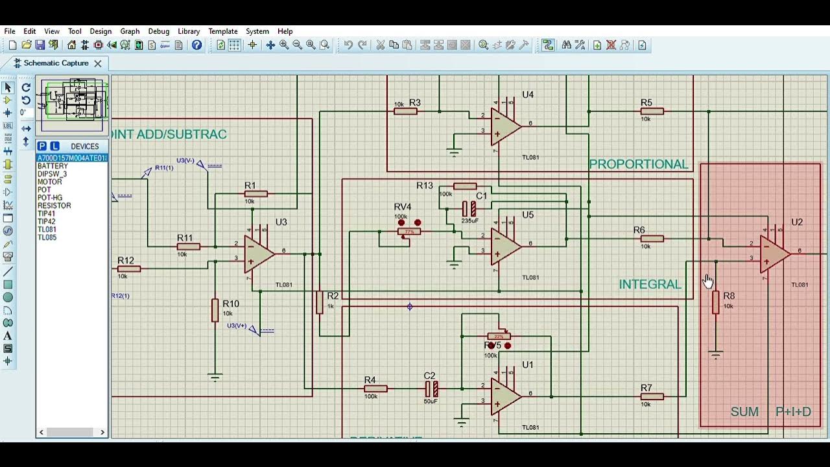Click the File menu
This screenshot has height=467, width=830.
(10, 31)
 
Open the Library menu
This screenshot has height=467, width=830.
(189, 31)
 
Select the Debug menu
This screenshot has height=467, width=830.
(158, 31)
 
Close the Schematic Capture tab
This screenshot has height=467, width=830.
(98, 64)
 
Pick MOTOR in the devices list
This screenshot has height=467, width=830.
(50, 182)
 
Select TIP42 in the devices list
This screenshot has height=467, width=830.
(46, 222)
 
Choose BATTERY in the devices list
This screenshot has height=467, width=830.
(53, 167)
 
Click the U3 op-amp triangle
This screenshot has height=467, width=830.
(258, 254)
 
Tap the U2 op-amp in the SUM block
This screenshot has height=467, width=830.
(774, 253)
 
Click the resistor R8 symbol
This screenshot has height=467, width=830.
(716, 303)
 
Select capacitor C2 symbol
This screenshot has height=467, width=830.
(431, 389)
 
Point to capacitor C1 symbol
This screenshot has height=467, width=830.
(469, 209)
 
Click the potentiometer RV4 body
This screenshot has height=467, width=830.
(409, 232)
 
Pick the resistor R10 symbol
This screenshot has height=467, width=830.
(215, 311)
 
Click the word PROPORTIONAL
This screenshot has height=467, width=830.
(638, 165)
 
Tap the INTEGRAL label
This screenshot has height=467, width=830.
(650, 285)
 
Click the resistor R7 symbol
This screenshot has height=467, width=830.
(652, 396)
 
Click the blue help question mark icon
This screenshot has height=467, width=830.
(196, 45)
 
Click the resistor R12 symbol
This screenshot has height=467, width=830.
(129, 269)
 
